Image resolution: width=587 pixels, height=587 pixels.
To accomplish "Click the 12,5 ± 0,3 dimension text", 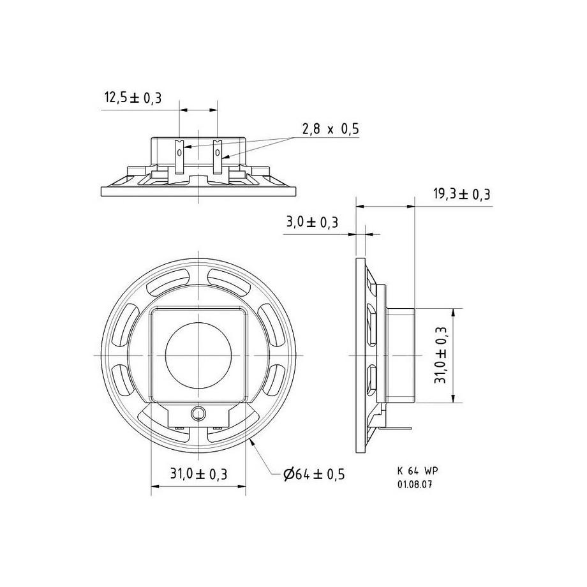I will pos(133,98).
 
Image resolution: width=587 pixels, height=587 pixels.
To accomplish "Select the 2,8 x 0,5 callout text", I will pos(330,129).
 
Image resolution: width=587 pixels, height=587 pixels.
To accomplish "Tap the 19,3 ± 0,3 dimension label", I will pos(463,195).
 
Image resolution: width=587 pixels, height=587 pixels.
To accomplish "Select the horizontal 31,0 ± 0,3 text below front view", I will pos(198,474).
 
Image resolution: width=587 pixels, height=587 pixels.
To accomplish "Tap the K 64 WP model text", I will pos(417,470).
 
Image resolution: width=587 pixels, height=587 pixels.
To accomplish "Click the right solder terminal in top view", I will pos(218,156).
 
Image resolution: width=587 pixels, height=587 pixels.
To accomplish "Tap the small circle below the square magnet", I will pos(198,413).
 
